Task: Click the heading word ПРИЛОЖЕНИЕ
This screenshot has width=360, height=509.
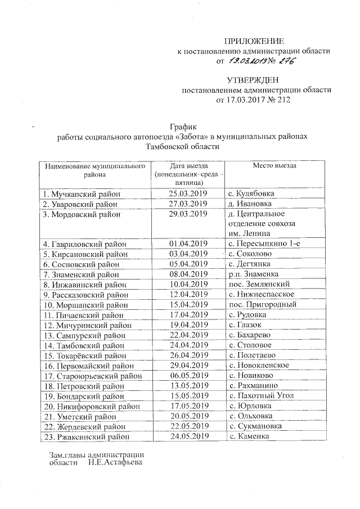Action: [x=255, y=41]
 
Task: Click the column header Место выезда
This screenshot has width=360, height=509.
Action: [x=274, y=166]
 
